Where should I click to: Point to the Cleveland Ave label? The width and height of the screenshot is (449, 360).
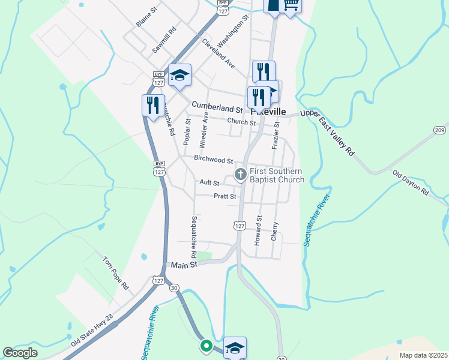pos(218,53)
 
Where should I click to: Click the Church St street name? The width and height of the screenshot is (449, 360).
pos(241,122)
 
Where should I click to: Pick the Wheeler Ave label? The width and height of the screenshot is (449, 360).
pos(203,130)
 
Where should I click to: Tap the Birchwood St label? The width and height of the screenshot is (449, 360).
pos(213,160)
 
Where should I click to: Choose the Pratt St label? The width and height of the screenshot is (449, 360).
pos(225,196)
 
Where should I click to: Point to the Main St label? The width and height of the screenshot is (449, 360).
pos(184,265)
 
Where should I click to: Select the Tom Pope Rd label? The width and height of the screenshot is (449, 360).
pos(116,274)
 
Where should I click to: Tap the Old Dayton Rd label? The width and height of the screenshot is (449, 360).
pos(411,183)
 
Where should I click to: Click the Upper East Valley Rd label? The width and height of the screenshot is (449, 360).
pos(328,133)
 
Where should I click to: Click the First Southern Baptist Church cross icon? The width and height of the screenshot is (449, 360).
pos(240,175)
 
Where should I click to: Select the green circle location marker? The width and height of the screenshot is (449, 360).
pos(205,346)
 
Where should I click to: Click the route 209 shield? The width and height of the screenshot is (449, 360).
pos(439,130)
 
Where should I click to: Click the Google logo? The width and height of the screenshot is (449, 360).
pos(20,353)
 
